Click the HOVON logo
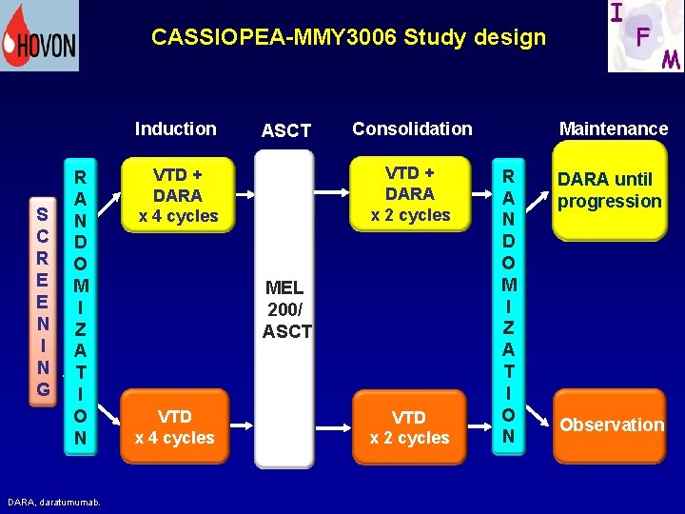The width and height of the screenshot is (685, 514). click(39, 36)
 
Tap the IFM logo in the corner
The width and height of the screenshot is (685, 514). click(645, 36)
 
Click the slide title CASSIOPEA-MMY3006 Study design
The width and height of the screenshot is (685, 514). click(348, 38)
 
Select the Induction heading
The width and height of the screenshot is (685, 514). click(176, 128)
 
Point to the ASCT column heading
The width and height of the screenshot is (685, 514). click(285, 131)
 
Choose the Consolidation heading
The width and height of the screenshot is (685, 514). click(412, 128)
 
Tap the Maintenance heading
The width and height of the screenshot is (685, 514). click(614, 128)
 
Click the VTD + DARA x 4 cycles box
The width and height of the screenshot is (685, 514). click(178, 195)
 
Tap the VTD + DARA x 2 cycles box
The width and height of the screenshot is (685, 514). click(410, 194)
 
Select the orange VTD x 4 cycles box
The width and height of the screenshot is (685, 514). click(175, 427)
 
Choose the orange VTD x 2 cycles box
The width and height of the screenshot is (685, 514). click(410, 427)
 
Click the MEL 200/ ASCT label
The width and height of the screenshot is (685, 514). click(286, 309)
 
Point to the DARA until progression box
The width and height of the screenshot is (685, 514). click(609, 190)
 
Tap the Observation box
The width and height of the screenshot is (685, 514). click(611, 425)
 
